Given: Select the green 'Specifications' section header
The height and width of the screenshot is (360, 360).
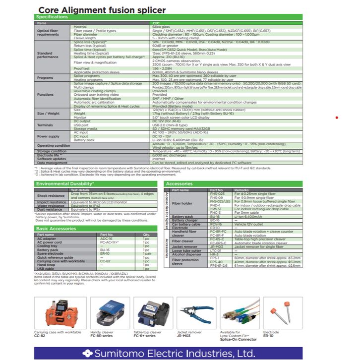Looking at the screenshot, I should pos(52,17).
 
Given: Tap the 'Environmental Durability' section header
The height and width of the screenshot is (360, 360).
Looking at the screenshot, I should pos(65,184).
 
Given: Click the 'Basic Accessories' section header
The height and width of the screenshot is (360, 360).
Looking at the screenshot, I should pos(56,229).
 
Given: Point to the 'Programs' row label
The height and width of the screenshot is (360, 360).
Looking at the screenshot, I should pos(45,78).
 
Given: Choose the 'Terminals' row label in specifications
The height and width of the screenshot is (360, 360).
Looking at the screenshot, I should pos(45,125).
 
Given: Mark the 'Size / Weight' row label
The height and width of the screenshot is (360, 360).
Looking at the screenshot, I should pos(48,114).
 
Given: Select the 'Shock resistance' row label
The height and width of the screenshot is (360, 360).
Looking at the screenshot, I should pos(51,196).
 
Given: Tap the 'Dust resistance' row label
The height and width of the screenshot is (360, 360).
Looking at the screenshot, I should pos(50,209).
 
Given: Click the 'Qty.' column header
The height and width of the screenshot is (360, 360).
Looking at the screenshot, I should pos(146,235).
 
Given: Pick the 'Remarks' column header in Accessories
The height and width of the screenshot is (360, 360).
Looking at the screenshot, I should pos(242,190).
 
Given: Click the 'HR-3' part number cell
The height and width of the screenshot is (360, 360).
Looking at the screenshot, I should pos(215,254).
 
